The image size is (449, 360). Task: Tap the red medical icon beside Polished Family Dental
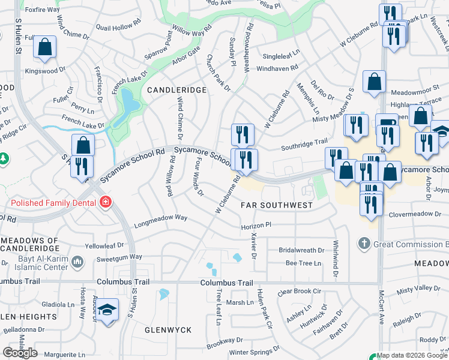click(x=106, y=202)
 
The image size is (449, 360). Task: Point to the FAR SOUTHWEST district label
click(x=276, y=205)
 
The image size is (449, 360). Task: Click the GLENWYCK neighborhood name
click(x=160, y=330)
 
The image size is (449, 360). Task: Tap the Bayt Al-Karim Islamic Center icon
click(x=77, y=261)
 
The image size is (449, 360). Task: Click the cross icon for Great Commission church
click(x=363, y=244)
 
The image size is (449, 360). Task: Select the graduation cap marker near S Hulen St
click(x=107, y=310)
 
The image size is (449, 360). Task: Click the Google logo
click(x=20, y=353)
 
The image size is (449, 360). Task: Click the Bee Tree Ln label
click(x=303, y=263)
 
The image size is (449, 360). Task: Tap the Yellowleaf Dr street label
click(x=104, y=245)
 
